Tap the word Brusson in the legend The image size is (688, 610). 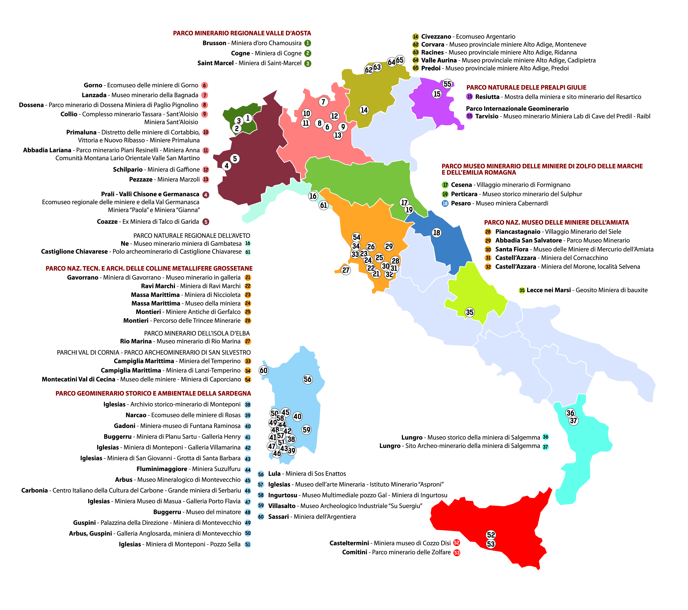(214, 43)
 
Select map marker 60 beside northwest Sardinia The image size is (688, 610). (264, 370)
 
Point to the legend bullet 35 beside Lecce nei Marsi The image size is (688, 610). (522, 290)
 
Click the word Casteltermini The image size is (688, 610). (349, 543)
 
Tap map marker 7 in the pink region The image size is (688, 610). (323, 102)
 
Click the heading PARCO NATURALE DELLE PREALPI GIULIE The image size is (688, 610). (526, 87)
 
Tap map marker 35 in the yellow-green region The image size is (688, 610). (470, 312)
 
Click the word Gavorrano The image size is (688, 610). (82, 278)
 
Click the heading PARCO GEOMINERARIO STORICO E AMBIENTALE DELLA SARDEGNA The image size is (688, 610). (153, 393)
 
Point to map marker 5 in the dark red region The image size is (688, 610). (235, 158)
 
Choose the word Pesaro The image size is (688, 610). (461, 203)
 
